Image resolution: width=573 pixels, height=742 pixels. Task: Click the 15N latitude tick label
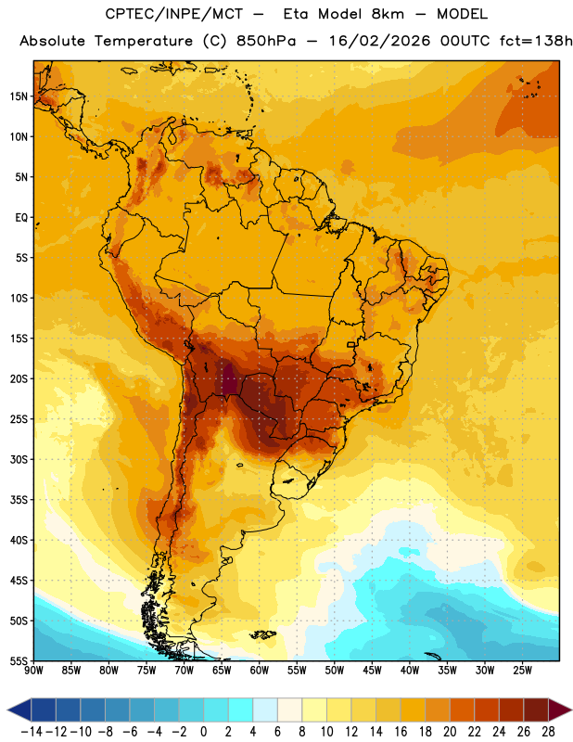tap(19, 96)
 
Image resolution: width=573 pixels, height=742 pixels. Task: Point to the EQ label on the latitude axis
tap(21, 218)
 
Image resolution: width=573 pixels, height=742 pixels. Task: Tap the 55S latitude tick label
tap(19, 661)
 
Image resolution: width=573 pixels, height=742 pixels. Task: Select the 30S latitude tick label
tap(19, 459)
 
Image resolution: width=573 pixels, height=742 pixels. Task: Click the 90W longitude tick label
tap(33, 671)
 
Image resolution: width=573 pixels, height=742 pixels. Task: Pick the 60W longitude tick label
tap(260, 671)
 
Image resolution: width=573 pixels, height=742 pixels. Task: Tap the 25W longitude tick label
tap(523, 671)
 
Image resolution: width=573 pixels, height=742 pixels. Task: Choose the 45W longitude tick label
tap(373, 671)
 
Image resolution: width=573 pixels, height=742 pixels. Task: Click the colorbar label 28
tap(548, 732)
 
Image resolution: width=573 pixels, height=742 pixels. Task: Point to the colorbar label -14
tap(32, 732)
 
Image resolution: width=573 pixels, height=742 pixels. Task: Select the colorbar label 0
tap(204, 732)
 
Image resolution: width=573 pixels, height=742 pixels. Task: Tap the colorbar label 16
tap(401, 732)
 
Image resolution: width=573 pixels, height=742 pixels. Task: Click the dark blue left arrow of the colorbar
tap(19, 710)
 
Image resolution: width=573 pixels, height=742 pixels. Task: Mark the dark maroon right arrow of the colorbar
tap(560, 710)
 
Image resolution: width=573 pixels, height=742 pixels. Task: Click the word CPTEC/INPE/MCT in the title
tap(174, 14)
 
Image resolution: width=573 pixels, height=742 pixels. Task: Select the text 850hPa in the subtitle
tap(266, 41)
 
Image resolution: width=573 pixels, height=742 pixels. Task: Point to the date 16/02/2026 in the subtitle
tap(380, 41)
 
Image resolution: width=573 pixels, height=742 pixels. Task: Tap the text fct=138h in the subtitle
tap(536, 41)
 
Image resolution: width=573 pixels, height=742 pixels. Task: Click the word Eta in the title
tap(297, 14)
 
